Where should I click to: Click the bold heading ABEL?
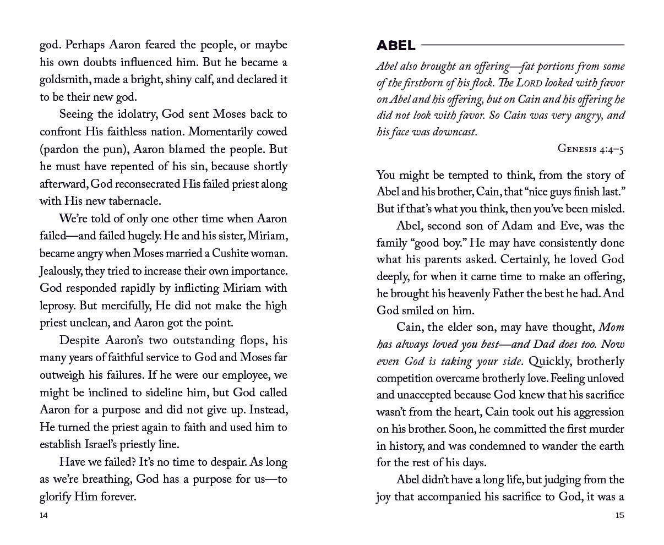point(396,45)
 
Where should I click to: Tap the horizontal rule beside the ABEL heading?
point(523,45)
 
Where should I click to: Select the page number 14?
point(44,515)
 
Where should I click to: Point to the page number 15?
point(619,515)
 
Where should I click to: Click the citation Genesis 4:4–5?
point(590,149)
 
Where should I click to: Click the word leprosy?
point(59,306)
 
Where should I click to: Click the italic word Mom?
point(611,328)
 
